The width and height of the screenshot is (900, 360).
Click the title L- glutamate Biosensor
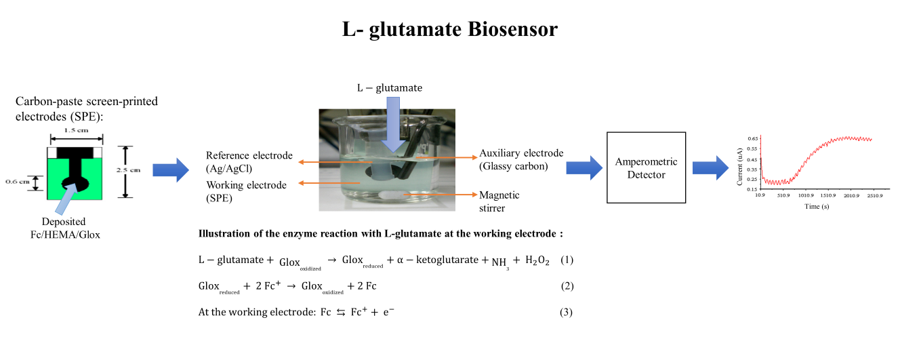coord(449,31)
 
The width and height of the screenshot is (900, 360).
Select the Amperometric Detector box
coord(640,169)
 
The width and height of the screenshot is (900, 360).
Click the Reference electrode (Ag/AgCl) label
coord(249,161)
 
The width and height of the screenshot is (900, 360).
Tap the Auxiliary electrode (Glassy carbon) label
coord(521,159)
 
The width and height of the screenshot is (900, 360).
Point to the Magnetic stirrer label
coord(499,201)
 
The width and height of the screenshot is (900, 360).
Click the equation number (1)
coord(567,260)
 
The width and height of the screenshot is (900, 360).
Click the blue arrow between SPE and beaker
coord(170,169)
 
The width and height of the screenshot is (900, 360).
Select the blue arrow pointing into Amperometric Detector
coord(584,167)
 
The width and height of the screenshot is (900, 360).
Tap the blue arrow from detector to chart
coord(710,167)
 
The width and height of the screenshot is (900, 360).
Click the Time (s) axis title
coord(817,207)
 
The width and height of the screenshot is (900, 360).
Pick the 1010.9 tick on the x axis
coord(806,197)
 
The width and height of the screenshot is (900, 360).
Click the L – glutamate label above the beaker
coord(390,88)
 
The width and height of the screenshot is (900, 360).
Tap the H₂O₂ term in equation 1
coord(535,261)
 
